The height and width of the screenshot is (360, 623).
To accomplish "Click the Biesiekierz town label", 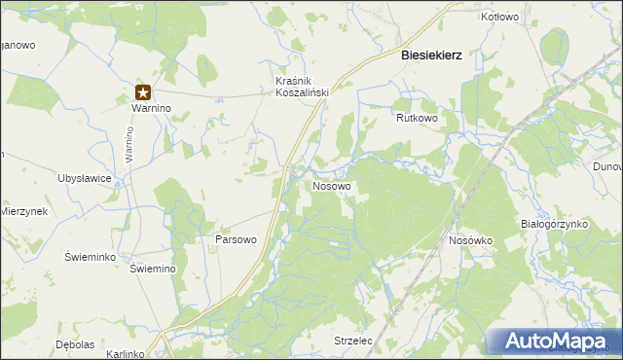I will click(x=431, y=55).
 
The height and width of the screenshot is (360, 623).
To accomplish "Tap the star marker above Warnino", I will click(x=143, y=93).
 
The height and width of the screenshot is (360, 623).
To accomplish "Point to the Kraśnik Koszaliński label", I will click(x=303, y=86).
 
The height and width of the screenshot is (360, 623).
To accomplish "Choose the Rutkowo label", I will click(x=417, y=118).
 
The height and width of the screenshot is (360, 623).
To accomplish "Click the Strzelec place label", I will click(x=353, y=342).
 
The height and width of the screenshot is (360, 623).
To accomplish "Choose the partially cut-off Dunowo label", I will click(x=607, y=166).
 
